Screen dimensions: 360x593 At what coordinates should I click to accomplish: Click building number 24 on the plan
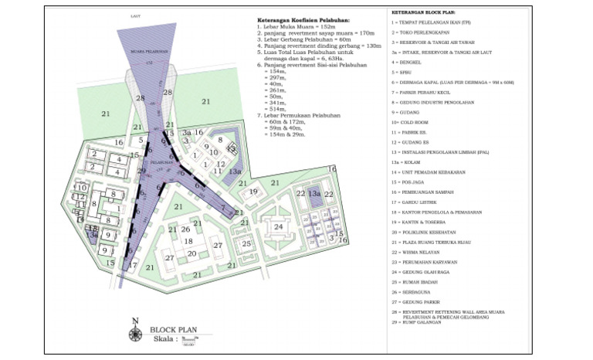click(x=277, y=226)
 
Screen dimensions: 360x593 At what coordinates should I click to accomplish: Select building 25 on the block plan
click(x=246, y=244)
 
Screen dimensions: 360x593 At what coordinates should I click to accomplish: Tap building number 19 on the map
click(x=253, y=192)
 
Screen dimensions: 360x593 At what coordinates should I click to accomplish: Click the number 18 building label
click(x=187, y=241)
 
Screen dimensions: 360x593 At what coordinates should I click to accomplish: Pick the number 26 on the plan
click(x=185, y=229)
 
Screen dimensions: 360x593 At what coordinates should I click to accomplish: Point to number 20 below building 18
click(x=191, y=253)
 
